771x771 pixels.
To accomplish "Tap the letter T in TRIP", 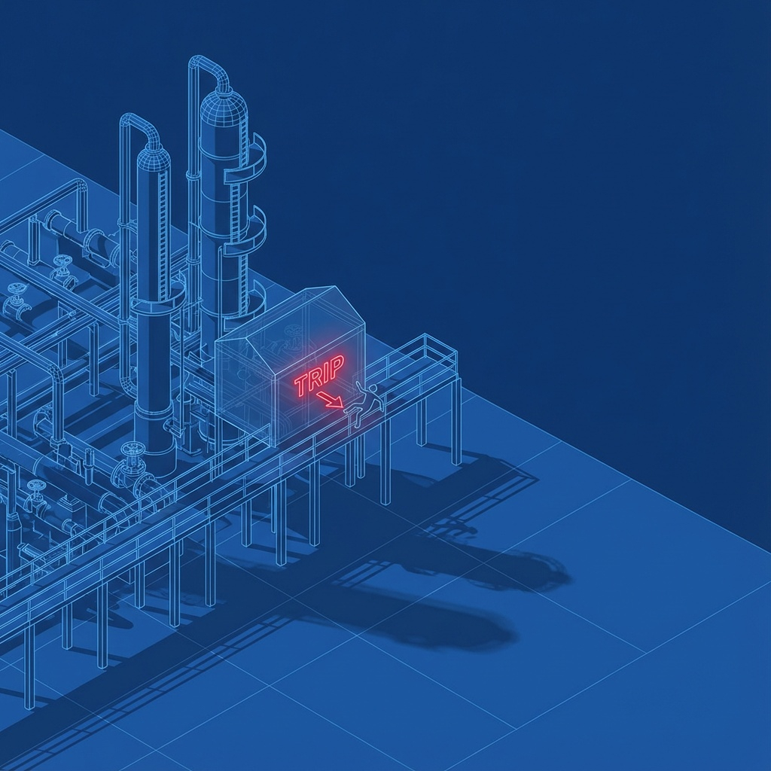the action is (x=301, y=385).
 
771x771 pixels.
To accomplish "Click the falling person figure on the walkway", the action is (x=364, y=399).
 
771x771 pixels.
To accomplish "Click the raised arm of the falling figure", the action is (x=358, y=385).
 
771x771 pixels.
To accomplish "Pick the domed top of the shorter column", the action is (x=154, y=157).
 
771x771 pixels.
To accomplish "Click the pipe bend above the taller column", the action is (x=209, y=66).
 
